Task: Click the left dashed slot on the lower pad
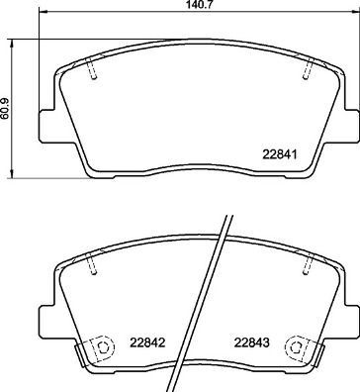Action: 91,264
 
